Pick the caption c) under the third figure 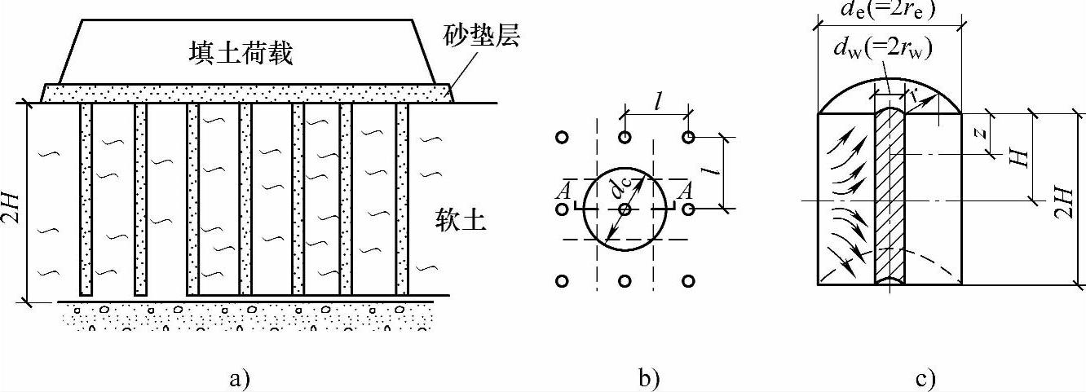pos(925,377)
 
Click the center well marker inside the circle pos(625,209)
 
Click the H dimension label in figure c pos(1017,157)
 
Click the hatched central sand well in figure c pos(890,196)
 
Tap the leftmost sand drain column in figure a pos(86,199)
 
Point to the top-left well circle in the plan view pos(561,138)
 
